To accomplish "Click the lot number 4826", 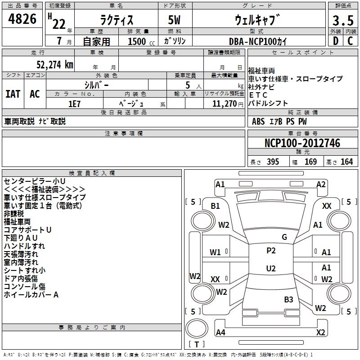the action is pos(22,19).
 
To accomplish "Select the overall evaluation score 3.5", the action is pos(343,21).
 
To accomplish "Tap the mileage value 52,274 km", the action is pos(52,64).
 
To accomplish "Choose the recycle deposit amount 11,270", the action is pos(224,103).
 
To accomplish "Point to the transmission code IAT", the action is pos(13,94).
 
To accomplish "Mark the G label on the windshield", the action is pos(284,237).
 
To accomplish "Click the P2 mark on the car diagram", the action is pos(271,251).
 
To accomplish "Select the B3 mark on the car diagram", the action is pos(288,299).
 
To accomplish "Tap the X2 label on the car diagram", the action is pos(320,333).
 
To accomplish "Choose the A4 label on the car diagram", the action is pos(220,333).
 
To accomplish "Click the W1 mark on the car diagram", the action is pos(216,252).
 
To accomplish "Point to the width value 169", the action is pos(310,162).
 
